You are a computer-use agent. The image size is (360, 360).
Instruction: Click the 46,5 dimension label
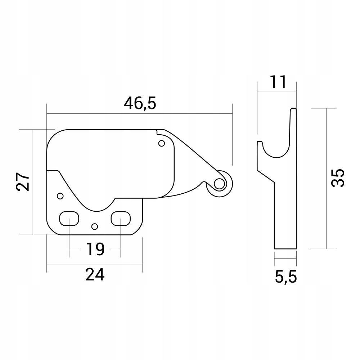[x=140, y=104]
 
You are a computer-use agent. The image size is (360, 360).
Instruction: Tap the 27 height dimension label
[x=22, y=182]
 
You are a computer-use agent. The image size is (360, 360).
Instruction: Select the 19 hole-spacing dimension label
[x=95, y=249]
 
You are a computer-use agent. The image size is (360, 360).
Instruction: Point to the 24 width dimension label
[x=95, y=275]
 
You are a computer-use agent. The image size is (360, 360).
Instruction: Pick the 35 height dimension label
[x=338, y=177]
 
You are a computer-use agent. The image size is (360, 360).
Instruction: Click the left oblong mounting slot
[x=69, y=219]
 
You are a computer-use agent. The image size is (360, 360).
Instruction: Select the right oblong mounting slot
[x=120, y=219]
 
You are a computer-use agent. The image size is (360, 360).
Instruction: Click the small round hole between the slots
[x=95, y=226]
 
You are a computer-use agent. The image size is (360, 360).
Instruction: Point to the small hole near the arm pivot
[x=162, y=144]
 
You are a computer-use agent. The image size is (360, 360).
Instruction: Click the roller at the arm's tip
[x=219, y=184]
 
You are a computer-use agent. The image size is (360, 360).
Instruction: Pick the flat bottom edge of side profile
[x=285, y=249]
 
